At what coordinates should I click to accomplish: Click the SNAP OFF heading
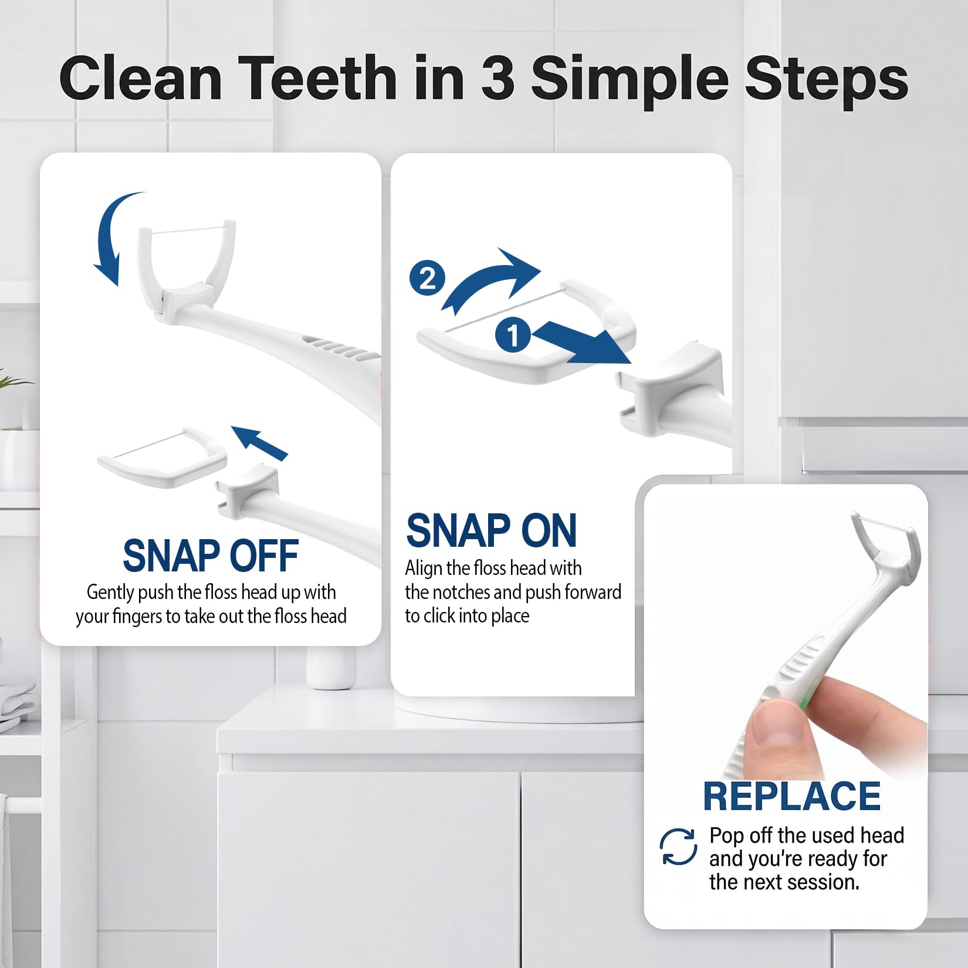[x=211, y=556]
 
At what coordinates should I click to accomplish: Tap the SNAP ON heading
[x=492, y=530]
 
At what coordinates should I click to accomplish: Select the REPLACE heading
[x=792, y=796]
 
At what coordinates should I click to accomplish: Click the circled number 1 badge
[x=513, y=336]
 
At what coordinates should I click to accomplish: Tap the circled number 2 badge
[x=427, y=278]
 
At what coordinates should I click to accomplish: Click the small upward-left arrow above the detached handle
[x=259, y=442]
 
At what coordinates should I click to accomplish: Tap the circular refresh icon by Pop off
[x=678, y=847]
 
